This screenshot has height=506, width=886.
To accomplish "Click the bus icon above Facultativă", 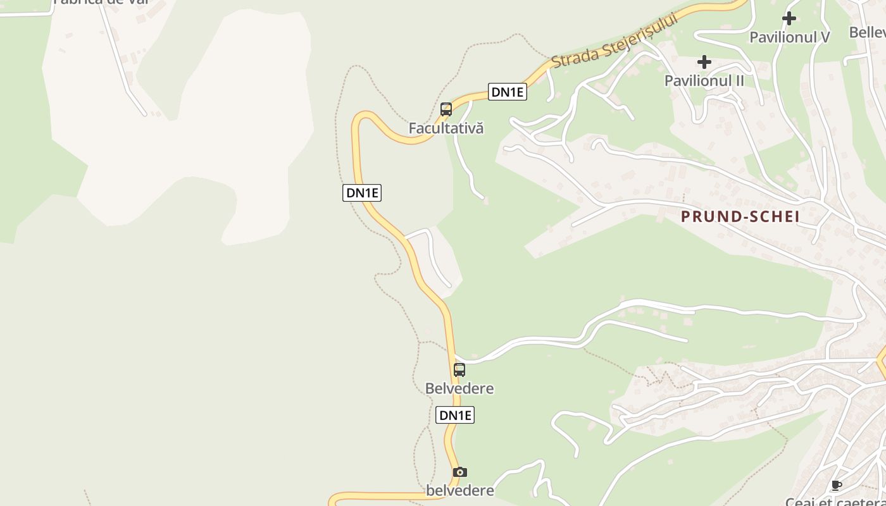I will [x=446, y=109].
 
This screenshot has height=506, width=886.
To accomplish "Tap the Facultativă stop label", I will [x=446, y=128].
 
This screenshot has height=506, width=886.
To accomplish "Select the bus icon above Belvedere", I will [x=459, y=370].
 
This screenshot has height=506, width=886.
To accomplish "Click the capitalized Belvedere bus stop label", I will [x=459, y=388].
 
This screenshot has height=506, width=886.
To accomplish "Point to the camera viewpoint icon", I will [x=460, y=472].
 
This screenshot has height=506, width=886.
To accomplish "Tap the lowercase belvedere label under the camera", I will [x=460, y=490].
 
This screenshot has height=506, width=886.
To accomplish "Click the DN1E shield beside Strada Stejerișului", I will [x=508, y=92].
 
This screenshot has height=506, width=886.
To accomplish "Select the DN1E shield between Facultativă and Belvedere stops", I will [x=362, y=193].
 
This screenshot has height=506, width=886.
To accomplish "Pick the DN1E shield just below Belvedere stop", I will [x=455, y=415].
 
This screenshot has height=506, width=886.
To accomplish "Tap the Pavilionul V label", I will [x=789, y=37].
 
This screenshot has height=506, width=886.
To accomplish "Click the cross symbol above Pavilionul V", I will [x=789, y=18].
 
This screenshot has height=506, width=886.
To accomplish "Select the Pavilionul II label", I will [x=704, y=80].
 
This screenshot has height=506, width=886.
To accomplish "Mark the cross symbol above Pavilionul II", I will [x=704, y=62].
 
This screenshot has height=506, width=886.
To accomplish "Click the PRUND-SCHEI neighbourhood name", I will [x=740, y=216].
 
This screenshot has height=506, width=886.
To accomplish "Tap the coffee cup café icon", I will [x=836, y=486].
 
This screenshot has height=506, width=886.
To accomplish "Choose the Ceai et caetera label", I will [x=835, y=502].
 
